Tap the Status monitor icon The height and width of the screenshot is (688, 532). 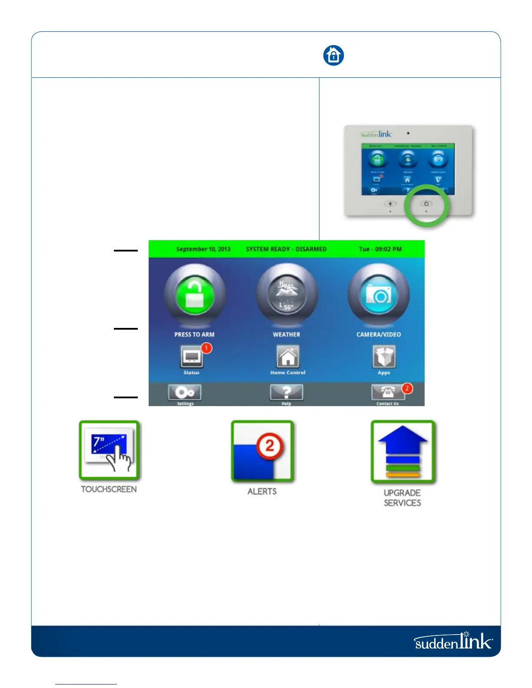click(x=192, y=357)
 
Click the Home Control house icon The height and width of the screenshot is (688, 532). click(x=288, y=357)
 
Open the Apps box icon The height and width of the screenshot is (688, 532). click(x=384, y=357)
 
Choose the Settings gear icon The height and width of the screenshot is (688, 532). click(x=185, y=393)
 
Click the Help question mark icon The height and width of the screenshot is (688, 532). click(x=286, y=393)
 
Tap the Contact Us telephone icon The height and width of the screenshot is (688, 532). click(x=387, y=393)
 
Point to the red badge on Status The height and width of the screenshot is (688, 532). click(x=206, y=348)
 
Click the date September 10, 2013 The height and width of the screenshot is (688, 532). click(x=203, y=249)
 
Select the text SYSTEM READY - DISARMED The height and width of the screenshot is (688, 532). click(x=286, y=249)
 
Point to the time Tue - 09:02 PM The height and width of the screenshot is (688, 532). click(x=380, y=249)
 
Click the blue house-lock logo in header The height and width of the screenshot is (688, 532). click(x=333, y=56)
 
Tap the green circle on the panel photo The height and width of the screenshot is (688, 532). click(x=426, y=205)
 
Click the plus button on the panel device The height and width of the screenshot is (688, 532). click(x=390, y=204)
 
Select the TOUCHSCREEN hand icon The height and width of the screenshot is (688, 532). click(x=110, y=451)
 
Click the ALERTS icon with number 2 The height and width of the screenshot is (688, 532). click(x=263, y=452)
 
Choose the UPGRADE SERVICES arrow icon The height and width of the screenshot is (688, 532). click(x=402, y=452)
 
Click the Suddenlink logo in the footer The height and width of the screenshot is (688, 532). click(x=453, y=642)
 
